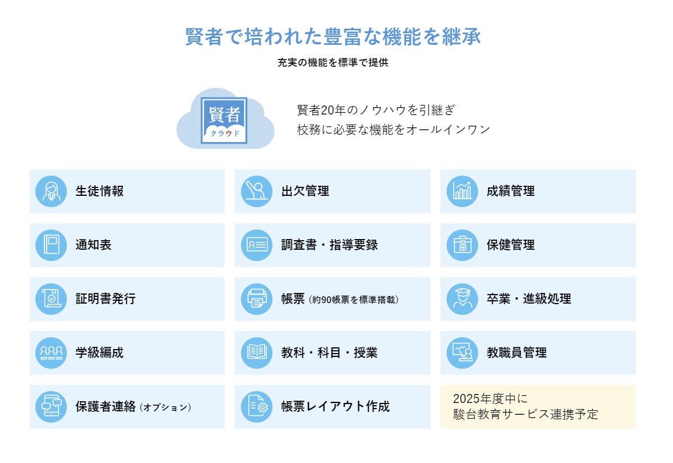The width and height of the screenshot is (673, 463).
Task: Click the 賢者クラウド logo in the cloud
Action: tap(224, 120)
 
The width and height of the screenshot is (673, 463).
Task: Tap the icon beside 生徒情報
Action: tap(51, 191)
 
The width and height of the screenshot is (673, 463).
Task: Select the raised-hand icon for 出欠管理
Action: tap(257, 191)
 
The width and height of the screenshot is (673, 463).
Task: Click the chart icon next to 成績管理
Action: tap(462, 191)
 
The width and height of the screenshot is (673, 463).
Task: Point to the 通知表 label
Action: tap(94, 245)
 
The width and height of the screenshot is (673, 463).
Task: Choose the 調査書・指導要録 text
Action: tap(329, 245)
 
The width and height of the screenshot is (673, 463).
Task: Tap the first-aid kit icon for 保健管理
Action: tap(462, 245)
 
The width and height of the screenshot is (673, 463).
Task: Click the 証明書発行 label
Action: tap(106, 299)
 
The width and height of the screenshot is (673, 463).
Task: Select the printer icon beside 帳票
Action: tap(257, 299)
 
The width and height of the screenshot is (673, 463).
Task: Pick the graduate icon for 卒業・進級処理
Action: tap(462, 299)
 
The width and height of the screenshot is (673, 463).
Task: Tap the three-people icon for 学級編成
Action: tap(51, 353)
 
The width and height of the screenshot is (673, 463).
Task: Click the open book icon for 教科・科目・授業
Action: tap(257, 353)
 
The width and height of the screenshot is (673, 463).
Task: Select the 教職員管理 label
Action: tap(516, 353)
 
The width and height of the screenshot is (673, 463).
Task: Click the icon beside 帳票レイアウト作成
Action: tap(257, 407)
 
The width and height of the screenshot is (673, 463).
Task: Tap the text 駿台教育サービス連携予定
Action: tap(525, 415)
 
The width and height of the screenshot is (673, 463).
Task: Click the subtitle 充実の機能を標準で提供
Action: tap(333, 63)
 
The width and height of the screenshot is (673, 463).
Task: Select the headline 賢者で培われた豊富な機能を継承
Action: tap(333, 37)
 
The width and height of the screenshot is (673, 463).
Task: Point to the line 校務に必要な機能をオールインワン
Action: tap(393, 130)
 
